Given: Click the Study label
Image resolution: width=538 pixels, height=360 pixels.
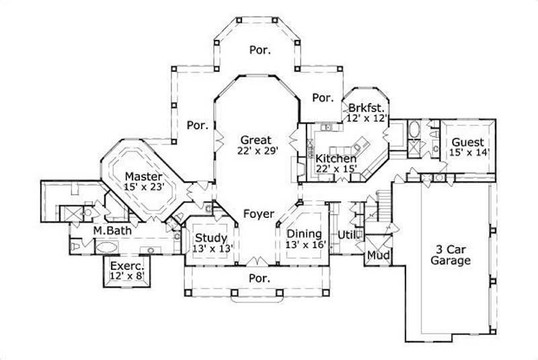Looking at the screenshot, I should point(210,238).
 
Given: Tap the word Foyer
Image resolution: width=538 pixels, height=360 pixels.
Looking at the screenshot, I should point(259,215).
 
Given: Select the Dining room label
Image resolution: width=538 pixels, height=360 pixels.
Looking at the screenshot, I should point(304,233).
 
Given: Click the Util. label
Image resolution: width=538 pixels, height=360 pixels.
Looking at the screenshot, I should point(347,235).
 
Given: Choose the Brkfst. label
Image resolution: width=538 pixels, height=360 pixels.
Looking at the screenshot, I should point(367,108).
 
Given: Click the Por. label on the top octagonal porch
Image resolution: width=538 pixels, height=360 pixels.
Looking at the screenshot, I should point(260,50).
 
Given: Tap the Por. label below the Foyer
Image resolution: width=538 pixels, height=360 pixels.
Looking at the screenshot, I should point(260,277).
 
